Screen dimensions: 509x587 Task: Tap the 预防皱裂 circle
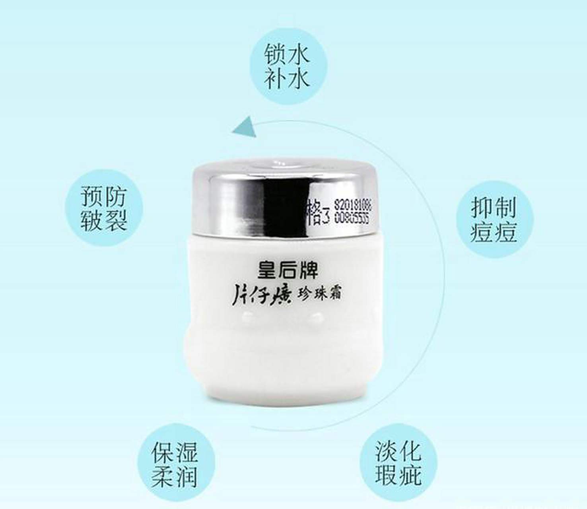pyautogui.click(x=104, y=208)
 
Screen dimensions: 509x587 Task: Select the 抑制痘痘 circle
pyautogui.click(x=494, y=219)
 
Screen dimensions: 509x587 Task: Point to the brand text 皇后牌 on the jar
pyautogui.click(x=288, y=270)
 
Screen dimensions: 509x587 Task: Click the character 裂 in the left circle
pyautogui.click(x=116, y=220)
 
